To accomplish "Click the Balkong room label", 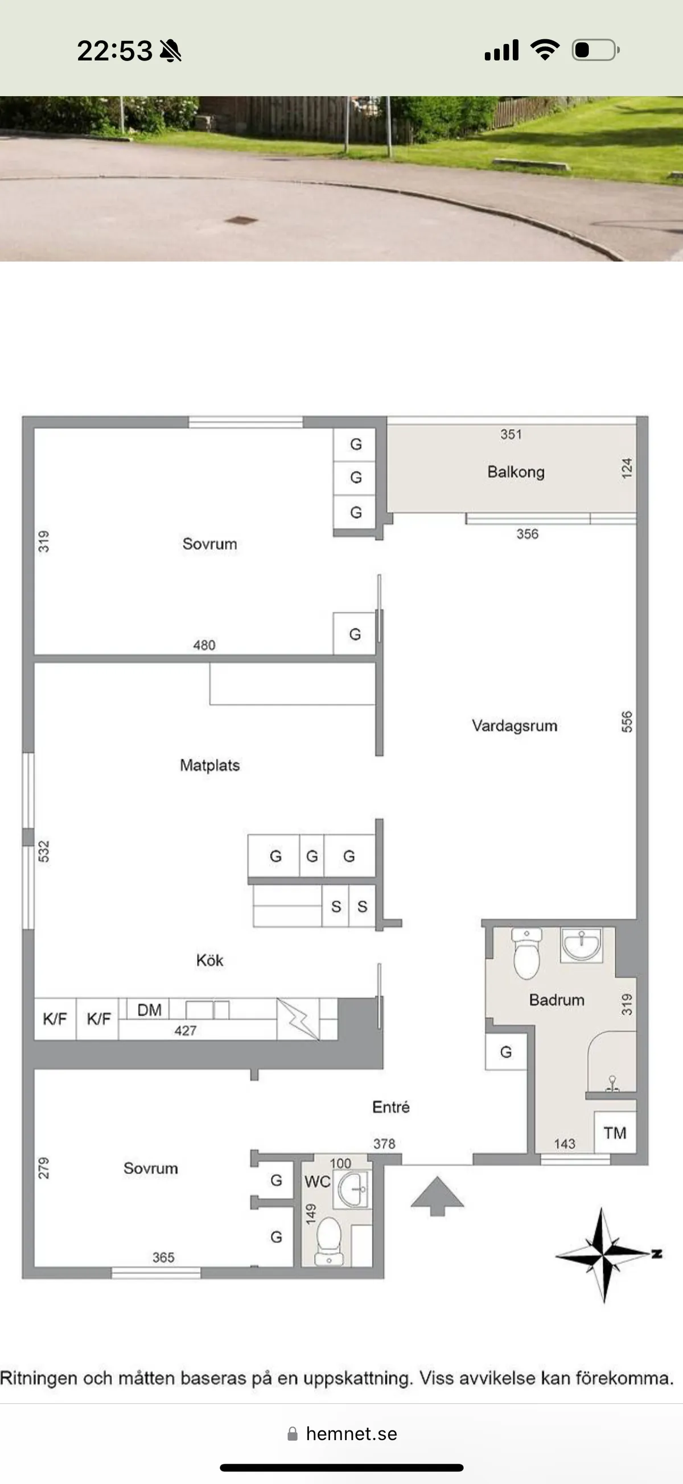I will (516, 472).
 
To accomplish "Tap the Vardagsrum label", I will (515, 725).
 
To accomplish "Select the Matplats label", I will (209, 765).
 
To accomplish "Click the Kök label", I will (209, 960).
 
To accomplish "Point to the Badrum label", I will (556, 1000).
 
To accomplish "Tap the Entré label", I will (390, 1107).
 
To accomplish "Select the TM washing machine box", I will (615, 1133).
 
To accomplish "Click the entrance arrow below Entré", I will (437, 1195).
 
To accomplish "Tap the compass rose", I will (603, 1254).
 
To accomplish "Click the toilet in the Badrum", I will (526, 953).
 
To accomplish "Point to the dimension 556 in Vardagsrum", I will (627, 722).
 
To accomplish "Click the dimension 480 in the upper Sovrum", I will (204, 644).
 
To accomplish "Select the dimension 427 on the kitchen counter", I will (186, 1031).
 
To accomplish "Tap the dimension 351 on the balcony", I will (511, 434).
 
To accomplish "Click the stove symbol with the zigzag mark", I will (298, 1019).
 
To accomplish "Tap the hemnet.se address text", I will (351, 1434).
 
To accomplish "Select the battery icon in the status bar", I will (595, 50).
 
